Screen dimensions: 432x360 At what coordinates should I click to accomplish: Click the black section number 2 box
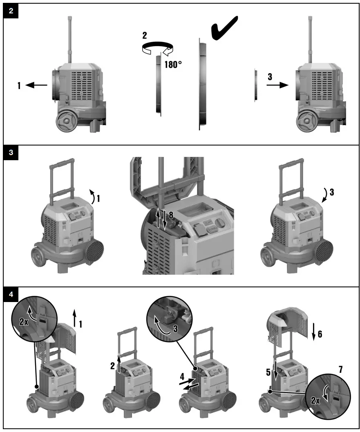pos(10,11)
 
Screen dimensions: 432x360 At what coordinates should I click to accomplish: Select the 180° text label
pos(173,64)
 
